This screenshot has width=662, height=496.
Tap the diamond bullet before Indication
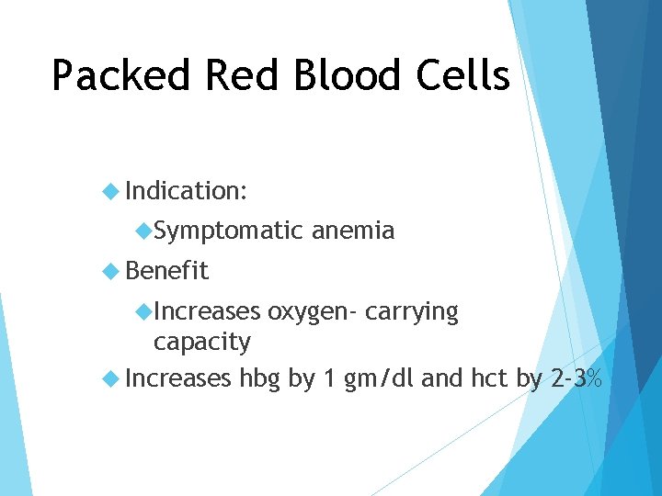(111, 191)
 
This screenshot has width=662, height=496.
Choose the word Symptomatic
(228, 231)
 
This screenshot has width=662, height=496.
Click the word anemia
(353, 231)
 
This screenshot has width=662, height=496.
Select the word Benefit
(167, 271)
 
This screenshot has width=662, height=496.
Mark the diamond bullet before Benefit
(111, 271)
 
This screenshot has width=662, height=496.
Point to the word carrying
(411, 312)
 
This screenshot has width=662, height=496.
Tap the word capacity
(201, 343)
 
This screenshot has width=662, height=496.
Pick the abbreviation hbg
(260, 378)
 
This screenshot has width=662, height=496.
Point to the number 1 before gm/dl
(328, 378)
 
